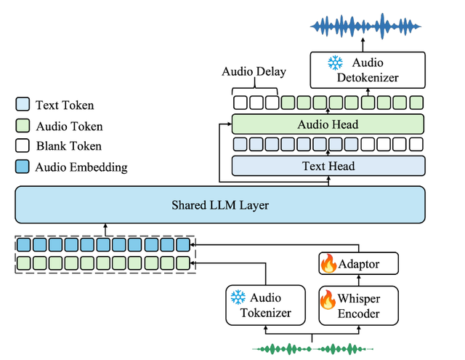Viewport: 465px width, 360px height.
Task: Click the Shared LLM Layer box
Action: point(220,205)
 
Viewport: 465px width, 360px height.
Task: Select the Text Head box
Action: point(328,166)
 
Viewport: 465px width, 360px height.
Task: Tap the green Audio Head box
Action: point(328,124)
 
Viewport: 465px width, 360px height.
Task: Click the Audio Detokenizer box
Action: point(368,70)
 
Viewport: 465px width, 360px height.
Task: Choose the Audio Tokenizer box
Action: point(265,305)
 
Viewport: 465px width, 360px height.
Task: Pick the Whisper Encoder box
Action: point(358,305)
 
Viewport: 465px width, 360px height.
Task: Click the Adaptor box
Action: point(358,263)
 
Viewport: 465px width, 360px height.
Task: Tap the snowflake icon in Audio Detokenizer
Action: point(335,63)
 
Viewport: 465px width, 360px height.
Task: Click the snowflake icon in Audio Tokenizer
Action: point(238,297)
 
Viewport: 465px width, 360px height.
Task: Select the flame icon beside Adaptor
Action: point(328,263)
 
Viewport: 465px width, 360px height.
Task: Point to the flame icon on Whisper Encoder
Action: point(328,300)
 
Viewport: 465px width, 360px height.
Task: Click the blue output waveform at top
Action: point(365,26)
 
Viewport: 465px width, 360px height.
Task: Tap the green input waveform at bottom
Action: point(312,349)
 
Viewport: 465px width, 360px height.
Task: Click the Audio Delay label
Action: point(254,71)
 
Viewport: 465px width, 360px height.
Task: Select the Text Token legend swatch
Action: point(23,104)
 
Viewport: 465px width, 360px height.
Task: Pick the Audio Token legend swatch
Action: point(23,126)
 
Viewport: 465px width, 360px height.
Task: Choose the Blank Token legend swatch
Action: point(23,145)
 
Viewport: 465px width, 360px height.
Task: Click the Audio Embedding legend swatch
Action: point(23,167)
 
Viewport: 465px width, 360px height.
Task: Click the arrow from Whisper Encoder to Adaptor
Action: point(358,280)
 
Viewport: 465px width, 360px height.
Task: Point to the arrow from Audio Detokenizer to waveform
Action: point(363,45)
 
